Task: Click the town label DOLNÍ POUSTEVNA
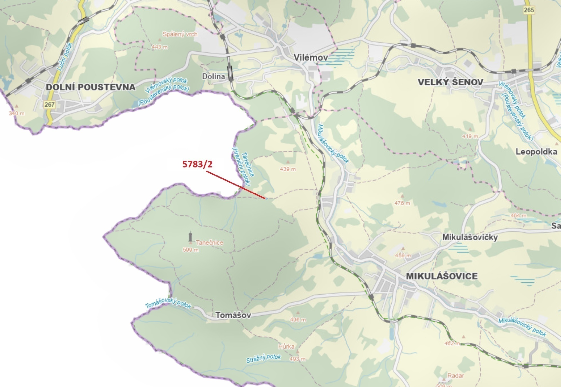tap(91, 87)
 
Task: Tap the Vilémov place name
tap(311, 57)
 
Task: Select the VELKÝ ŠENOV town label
tap(450, 82)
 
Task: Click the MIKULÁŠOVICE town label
tap(441, 276)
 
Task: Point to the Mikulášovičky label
tap(470, 237)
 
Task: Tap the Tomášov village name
tap(233, 315)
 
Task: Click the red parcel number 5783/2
tap(197, 164)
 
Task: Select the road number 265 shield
tap(529, 10)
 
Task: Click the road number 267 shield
tap(49, 105)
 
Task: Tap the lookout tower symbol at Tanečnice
tap(191, 237)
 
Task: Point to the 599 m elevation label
tap(191, 250)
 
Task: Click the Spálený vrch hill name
tap(180, 34)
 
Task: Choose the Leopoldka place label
tap(536, 152)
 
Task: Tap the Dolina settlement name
tap(213, 76)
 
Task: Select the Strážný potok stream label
tap(263, 359)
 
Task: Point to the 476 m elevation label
tap(402, 203)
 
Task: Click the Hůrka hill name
tap(286, 347)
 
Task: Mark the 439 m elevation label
tap(288, 169)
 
